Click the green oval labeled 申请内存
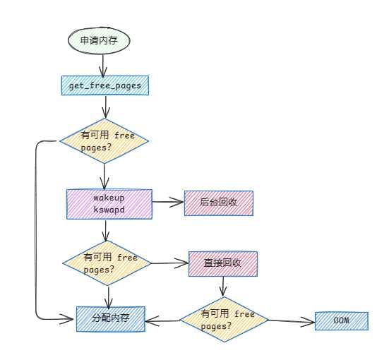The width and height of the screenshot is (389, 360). (x=99, y=40)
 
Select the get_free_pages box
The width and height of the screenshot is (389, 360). (x=105, y=85)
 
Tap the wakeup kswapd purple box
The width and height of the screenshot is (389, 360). (x=109, y=204)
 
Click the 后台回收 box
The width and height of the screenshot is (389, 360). (x=219, y=203)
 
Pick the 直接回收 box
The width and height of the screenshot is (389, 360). (x=223, y=264)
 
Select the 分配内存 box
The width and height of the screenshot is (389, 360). (x=111, y=319)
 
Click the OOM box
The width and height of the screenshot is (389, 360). (x=342, y=321)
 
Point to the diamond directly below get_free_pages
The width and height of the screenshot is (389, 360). (x=104, y=141)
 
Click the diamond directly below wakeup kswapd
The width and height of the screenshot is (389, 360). (x=107, y=263)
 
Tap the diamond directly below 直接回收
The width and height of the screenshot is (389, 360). (x=224, y=320)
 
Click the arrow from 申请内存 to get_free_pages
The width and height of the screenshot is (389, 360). (x=103, y=65)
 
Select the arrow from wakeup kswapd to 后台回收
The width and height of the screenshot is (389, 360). (x=168, y=202)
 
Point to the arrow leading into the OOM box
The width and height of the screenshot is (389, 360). (x=292, y=322)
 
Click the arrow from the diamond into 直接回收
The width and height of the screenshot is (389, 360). (x=169, y=263)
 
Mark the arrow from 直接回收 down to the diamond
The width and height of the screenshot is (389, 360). (x=223, y=287)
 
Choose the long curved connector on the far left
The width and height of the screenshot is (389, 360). (x=36, y=231)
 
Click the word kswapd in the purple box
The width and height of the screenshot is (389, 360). (x=109, y=210)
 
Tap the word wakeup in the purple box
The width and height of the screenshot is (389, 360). (x=109, y=198)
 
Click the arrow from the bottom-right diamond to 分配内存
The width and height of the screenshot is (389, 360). (x=162, y=320)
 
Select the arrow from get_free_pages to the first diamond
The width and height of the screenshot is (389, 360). (x=106, y=107)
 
